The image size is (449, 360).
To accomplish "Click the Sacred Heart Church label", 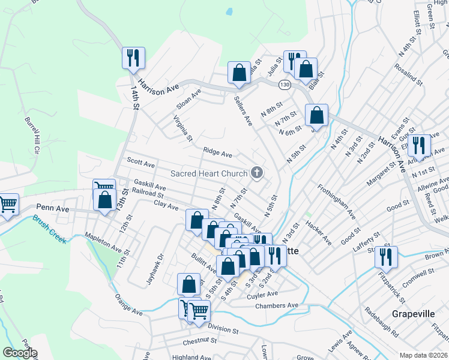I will click(208, 174).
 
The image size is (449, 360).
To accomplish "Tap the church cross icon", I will click(257, 174).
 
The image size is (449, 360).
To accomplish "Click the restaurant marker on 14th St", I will click(131, 58).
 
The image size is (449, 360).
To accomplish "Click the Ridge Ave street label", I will click(217, 154).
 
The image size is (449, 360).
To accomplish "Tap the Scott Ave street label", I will click(141, 163).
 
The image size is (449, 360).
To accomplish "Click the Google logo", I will click(19, 353).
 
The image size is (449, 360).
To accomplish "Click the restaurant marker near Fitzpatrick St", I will click(386, 257).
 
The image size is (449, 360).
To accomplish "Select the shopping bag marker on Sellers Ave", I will click(239, 73).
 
